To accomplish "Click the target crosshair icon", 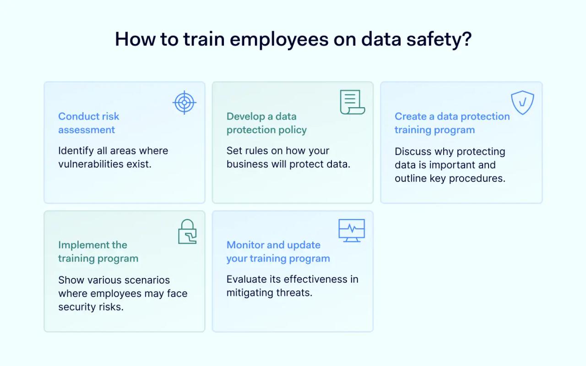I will [184, 103].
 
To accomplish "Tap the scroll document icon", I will [352, 103].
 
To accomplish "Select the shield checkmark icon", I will [522, 103].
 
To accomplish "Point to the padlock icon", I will [187, 232].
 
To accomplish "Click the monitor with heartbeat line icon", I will [352, 230].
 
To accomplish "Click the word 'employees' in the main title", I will [279, 39].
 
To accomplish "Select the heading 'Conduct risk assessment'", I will [89, 123].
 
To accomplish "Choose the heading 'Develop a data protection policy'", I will [266, 123].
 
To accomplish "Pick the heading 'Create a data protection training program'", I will [452, 123].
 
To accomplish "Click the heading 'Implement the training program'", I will [98, 251].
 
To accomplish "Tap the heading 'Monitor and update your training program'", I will [278, 251].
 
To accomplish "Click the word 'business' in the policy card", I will [246, 164].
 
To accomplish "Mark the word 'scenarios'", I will [147, 280].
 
